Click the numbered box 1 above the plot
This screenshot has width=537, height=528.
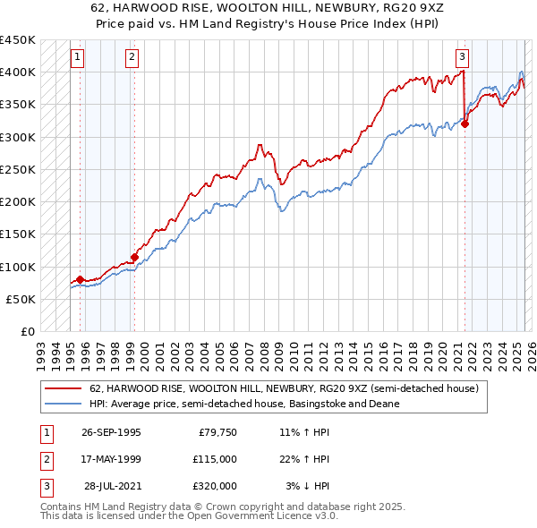79,57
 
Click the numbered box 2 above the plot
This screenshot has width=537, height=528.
132,57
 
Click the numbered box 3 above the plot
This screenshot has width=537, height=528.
463,57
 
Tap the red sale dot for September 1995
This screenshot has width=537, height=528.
81,280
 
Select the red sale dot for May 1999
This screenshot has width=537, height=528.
134,258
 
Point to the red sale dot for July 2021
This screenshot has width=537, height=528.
465,124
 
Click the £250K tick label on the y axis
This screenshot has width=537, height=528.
18,169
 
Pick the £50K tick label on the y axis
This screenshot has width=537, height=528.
21,299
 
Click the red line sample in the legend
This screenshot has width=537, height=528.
63,388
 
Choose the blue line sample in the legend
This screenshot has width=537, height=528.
63,404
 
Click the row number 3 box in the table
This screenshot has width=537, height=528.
44,486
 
